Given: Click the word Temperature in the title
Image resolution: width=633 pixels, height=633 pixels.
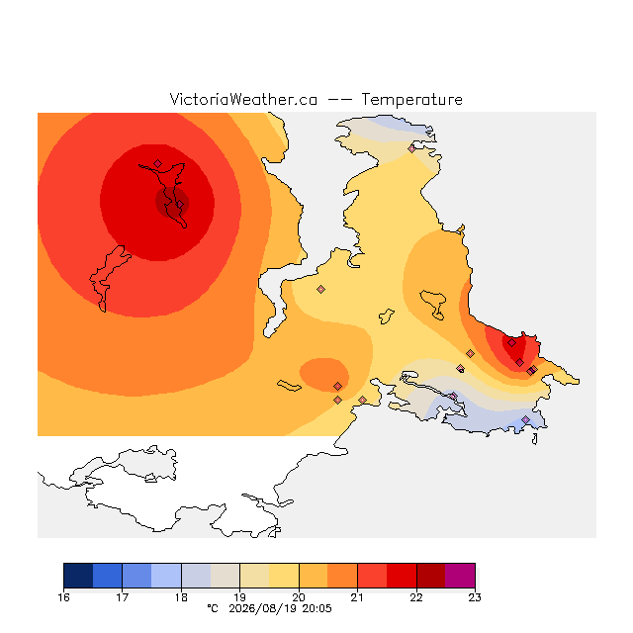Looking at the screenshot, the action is pyautogui.click(x=411, y=99).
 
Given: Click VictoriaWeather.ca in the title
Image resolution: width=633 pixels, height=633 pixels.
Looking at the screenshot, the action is pyautogui.click(x=243, y=99).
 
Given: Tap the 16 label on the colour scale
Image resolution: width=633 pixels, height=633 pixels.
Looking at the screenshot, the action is pyautogui.click(x=63, y=597).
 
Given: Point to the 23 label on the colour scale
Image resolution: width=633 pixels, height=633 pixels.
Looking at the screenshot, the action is pyautogui.click(x=475, y=597).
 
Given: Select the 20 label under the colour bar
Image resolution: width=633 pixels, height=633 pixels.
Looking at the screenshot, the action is pyautogui.click(x=299, y=597).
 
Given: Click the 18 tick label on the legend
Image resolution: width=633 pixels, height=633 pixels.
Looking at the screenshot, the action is pyautogui.click(x=181, y=597).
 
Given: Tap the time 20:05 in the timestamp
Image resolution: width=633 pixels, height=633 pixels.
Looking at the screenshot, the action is pyautogui.click(x=316, y=609).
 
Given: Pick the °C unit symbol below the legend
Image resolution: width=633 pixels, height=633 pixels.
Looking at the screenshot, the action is pyautogui.click(x=213, y=608).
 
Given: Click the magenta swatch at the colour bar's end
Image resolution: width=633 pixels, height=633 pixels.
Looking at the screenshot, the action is pyautogui.click(x=460, y=576).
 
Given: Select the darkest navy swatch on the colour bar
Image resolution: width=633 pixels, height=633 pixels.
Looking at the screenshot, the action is pyautogui.click(x=78, y=576).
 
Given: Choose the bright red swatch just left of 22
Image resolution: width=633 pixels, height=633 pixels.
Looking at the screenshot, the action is pyautogui.click(x=402, y=576).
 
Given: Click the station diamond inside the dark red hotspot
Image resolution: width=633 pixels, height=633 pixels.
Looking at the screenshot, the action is pyautogui.click(x=180, y=205).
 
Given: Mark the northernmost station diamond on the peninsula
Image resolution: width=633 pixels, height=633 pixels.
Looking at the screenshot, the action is pyautogui.click(x=411, y=148).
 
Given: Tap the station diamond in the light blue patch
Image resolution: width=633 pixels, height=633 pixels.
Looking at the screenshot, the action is pyautogui.click(x=525, y=419).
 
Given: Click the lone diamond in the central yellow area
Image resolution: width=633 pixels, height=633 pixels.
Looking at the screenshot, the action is pyautogui.click(x=320, y=289).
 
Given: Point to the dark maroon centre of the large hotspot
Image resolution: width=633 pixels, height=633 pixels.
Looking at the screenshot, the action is pyautogui.click(x=171, y=202).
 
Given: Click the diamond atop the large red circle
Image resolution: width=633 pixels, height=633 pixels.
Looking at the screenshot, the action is pyautogui.click(x=158, y=163).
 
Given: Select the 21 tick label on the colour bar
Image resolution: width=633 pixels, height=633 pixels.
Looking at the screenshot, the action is pyautogui.click(x=357, y=597).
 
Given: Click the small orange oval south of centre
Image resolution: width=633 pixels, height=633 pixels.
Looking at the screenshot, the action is pyautogui.click(x=324, y=375).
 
